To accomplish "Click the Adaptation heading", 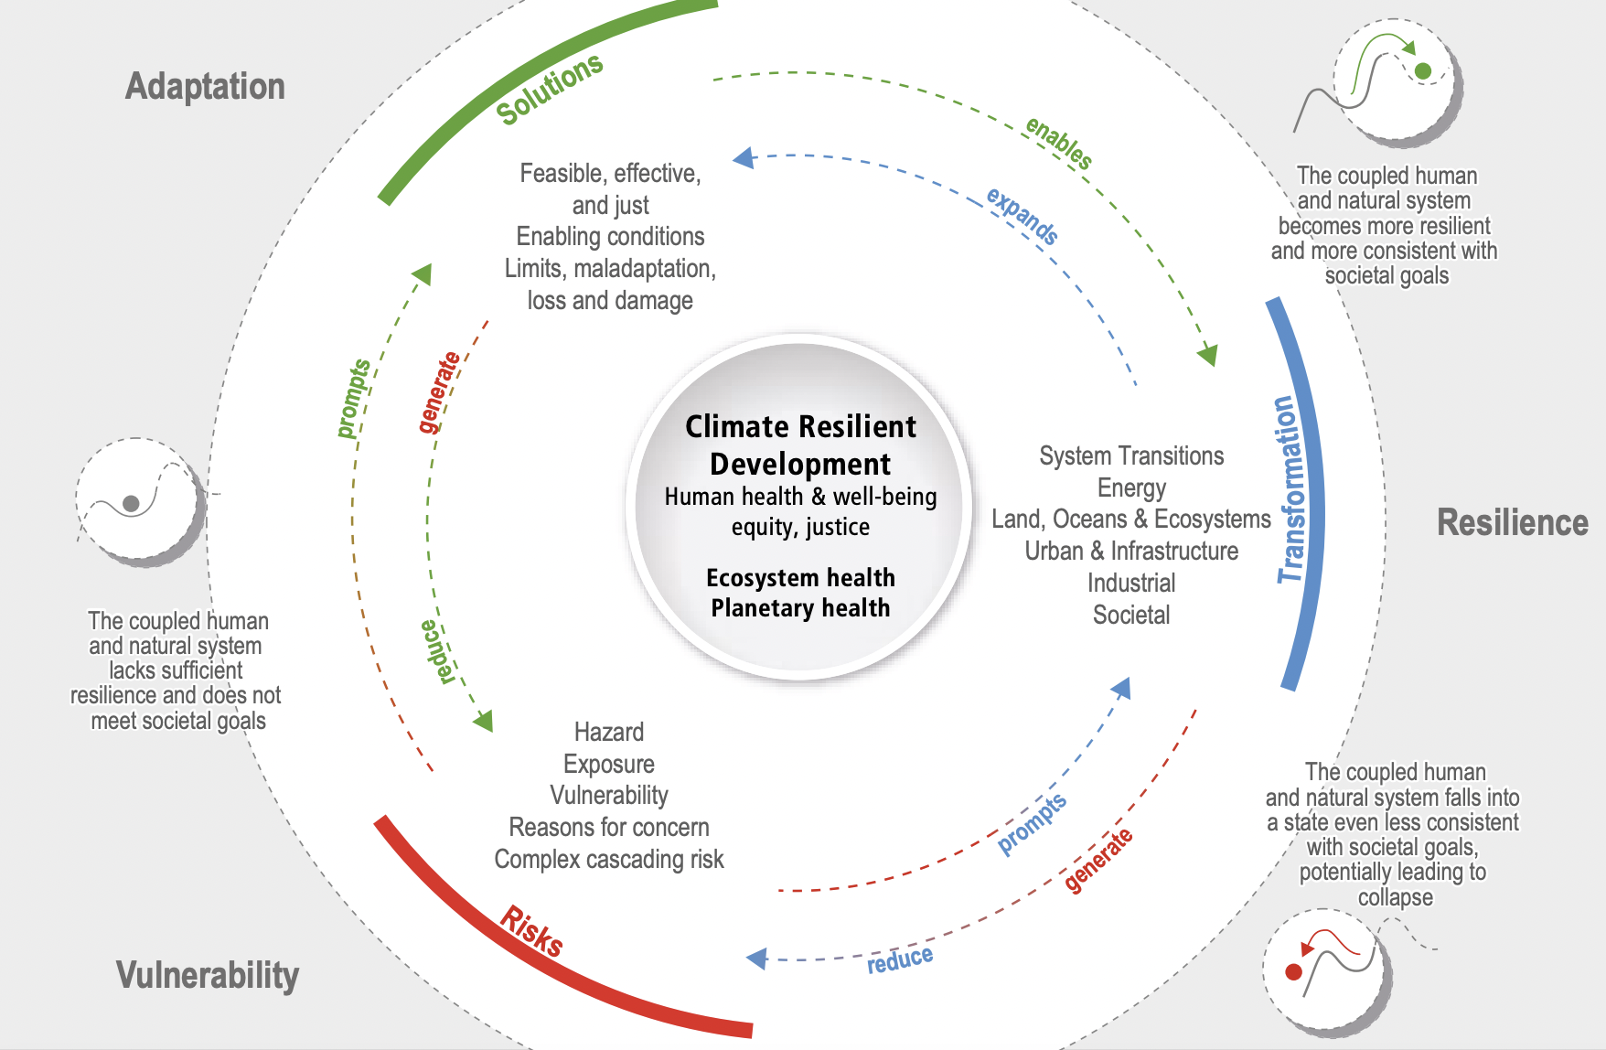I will pos(205,87).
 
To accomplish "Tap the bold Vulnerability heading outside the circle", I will pos(208,975).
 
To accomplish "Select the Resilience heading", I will pos(1512,523).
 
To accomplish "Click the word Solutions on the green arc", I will pos(549,89).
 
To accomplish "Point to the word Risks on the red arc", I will pos(531,931).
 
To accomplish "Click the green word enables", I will pos(1058,143).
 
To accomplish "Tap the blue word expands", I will pos(1022,216).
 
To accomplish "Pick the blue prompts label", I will pos(1032,823).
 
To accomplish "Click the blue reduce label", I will pos(900,959).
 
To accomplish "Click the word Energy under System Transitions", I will pos(1131,488).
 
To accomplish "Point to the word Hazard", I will pos(609,732).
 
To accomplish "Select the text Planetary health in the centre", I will pos(800,608).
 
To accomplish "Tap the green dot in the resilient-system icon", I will pos(1422,70).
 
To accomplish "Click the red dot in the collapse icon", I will pos(1293,971).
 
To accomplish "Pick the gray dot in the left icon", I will pos(131,503).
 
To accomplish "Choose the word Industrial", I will pos(1131,584).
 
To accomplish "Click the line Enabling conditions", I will pos(610,237).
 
